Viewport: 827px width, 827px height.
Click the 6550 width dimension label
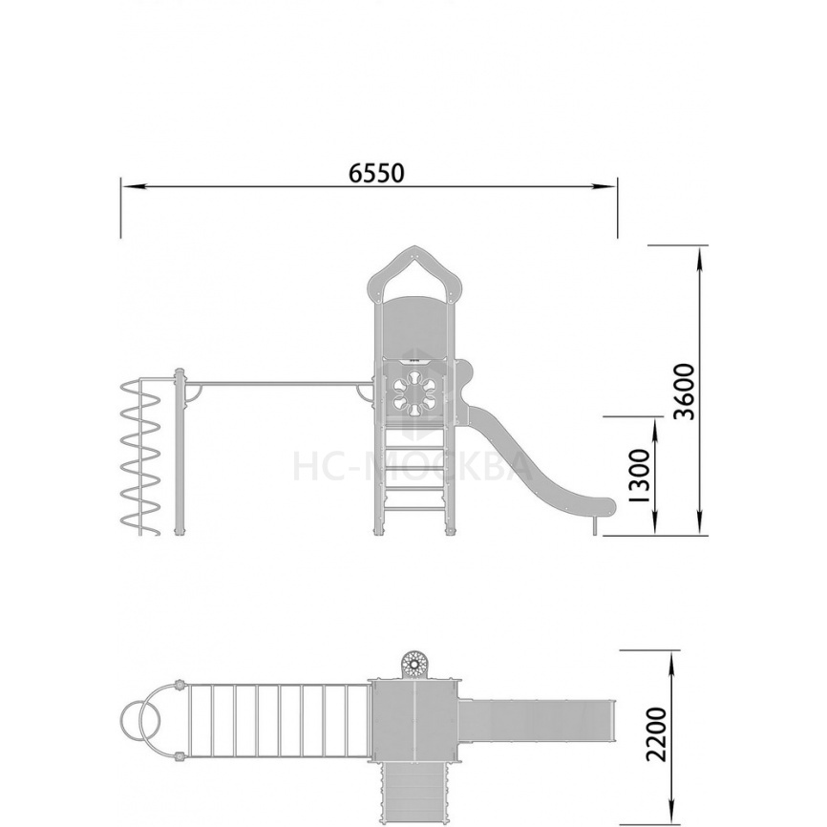[x=376, y=173]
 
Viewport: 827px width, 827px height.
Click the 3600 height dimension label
[x=686, y=392]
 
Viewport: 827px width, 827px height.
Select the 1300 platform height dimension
[x=641, y=476]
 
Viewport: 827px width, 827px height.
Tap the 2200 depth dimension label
[x=657, y=733]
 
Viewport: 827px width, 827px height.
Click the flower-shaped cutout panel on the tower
[x=414, y=393]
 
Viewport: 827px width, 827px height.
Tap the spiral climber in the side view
[x=140, y=456]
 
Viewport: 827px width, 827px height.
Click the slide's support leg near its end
[x=595, y=525]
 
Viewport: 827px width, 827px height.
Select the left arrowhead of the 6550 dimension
[x=134, y=186]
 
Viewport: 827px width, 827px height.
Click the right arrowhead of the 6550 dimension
[x=604, y=186]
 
